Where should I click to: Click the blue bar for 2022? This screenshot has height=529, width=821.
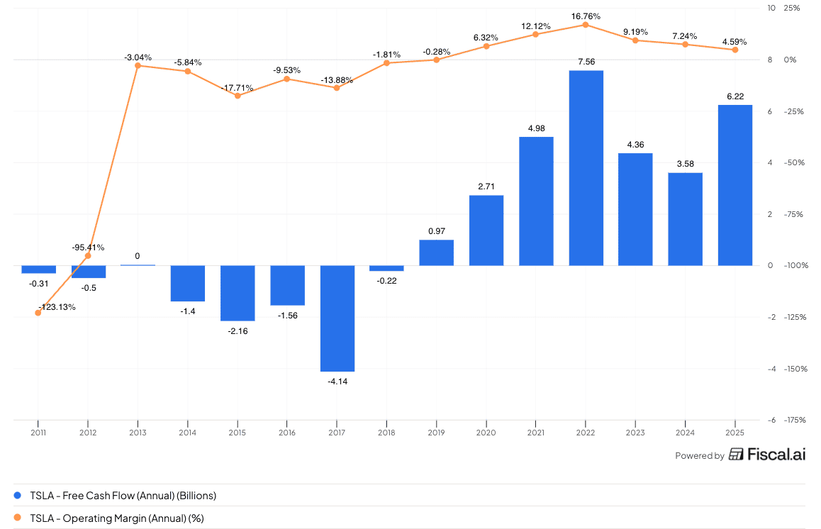(586, 168)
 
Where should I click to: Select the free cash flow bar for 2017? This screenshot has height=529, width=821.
(337, 318)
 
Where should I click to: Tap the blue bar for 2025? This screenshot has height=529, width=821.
(735, 185)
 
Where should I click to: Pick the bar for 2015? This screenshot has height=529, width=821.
(238, 293)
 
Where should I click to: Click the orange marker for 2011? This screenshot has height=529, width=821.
(38, 313)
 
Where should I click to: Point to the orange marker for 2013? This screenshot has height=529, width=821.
(138, 66)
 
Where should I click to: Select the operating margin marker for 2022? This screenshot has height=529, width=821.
(586, 25)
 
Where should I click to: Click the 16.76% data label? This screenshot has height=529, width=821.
(586, 15)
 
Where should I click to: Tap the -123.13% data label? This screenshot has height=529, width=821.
(57, 307)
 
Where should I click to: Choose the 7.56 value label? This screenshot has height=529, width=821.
(586, 61)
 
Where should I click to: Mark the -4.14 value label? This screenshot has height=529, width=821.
(337, 382)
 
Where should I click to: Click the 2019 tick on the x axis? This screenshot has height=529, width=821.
(436, 432)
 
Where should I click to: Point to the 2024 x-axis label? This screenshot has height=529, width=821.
(685, 432)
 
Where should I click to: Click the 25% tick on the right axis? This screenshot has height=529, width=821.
(791, 8)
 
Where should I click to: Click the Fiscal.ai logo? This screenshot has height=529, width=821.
(767, 455)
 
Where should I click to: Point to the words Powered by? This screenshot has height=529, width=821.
(699, 456)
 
